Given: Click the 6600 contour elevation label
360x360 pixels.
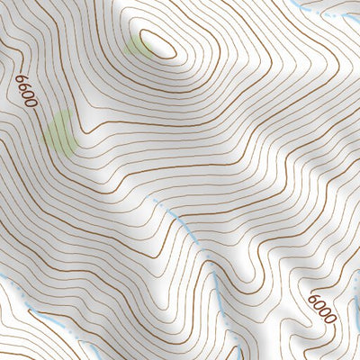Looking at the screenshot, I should (x=26, y=91).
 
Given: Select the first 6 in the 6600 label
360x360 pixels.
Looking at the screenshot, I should (x=20, y=80).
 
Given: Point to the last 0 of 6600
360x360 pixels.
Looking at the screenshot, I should (x=32, y=102).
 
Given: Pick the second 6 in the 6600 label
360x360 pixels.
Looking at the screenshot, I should (x=23, y=87).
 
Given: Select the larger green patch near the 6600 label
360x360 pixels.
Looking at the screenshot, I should (x=60, y=131).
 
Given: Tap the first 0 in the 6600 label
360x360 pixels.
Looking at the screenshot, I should (x=28, y=94).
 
